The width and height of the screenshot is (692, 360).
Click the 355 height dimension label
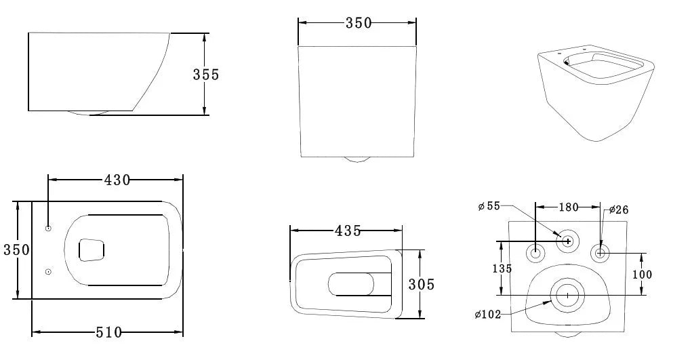(206, 75)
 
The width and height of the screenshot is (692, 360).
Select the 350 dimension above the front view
(358, 22)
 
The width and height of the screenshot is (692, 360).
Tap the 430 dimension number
(117, 180)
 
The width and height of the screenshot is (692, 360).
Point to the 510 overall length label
(108, 332)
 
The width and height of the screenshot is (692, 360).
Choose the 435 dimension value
(347, 231)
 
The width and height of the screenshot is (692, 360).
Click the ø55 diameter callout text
(489, 206)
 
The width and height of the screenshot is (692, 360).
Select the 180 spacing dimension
(568, 205)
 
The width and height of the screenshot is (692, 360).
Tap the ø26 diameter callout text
(619, 210)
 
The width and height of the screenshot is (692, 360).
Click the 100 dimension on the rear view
(641, 274)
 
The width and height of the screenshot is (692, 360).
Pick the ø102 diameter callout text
(488, 314)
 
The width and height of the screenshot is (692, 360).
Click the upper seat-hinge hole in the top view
(48, 228)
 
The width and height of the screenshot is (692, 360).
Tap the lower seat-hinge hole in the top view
(48, 272)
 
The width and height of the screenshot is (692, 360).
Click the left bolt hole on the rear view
(535, 254)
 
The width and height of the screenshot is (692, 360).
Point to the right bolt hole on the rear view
(600, 254)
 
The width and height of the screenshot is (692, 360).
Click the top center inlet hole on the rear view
(567, 240)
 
